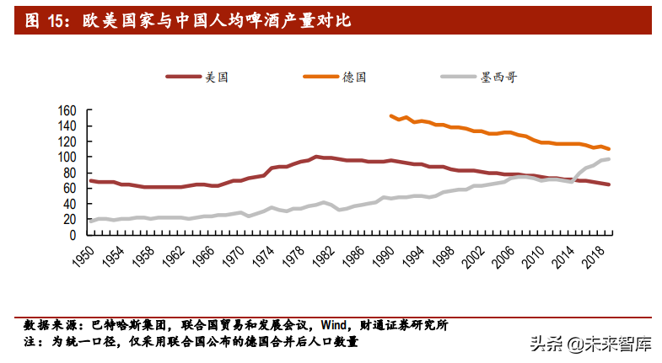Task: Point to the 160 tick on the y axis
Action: coord(68,110)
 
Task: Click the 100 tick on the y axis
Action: coord(68,157)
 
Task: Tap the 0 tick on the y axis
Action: coord(73,235)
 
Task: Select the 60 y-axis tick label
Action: coord(71,189)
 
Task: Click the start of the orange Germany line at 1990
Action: coord(390,116)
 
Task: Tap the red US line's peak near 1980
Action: coord(316,157)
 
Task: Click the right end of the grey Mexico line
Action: coord(609,159)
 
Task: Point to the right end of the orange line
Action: coord(609,149)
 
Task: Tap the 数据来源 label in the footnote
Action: coord(49,326)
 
